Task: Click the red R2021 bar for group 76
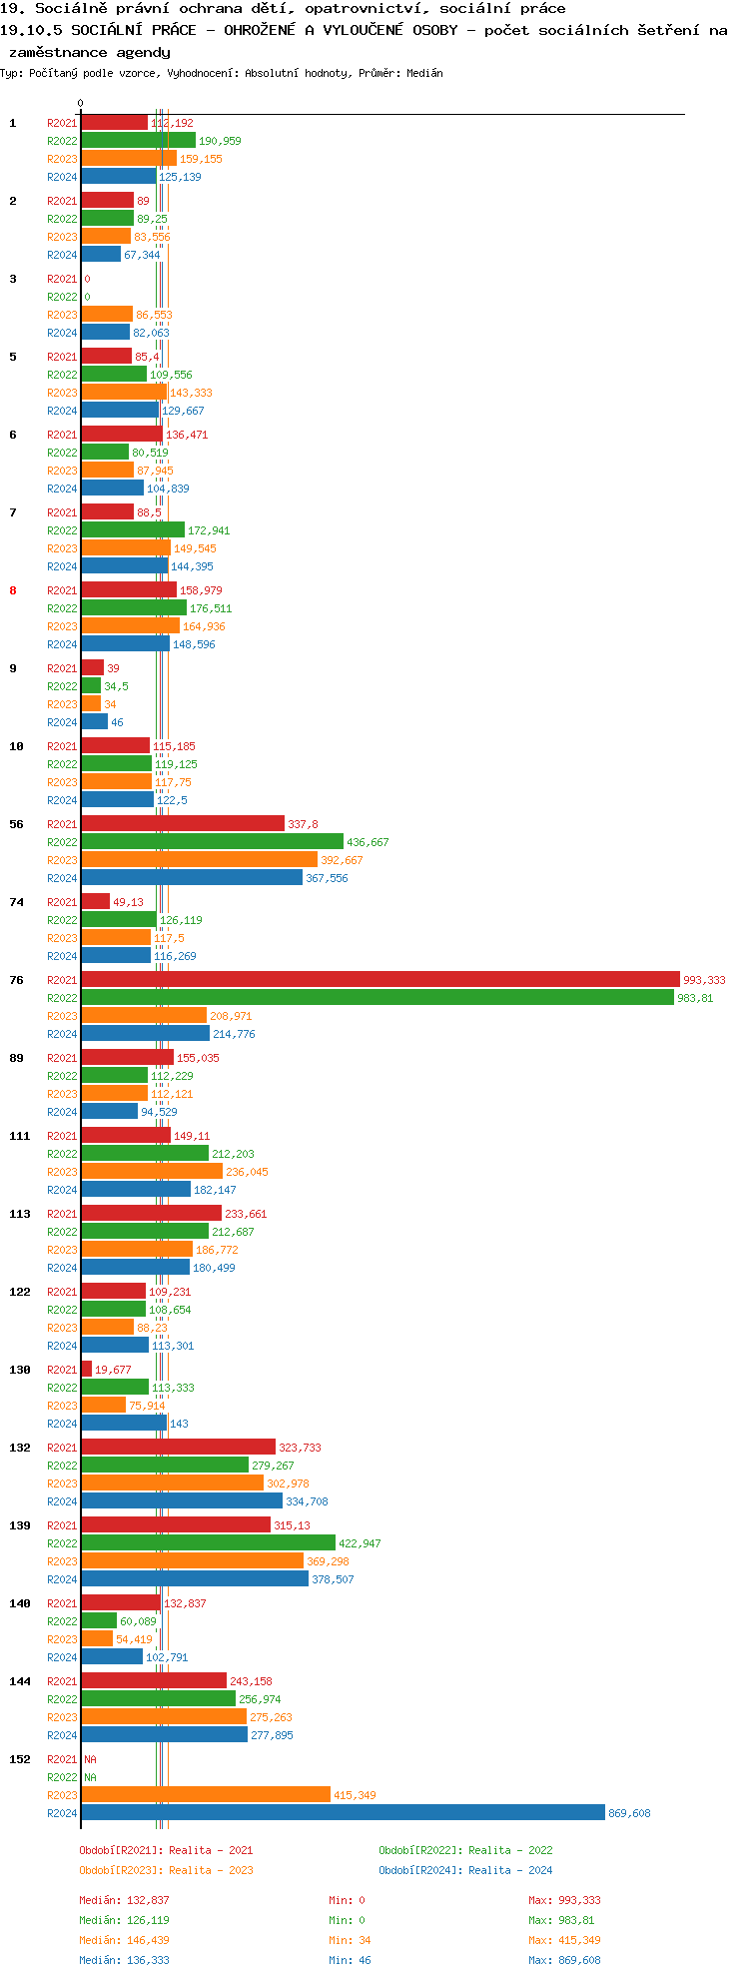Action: [379, 979]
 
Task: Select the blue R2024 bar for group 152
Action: [343, 1812]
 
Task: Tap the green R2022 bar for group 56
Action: [212, 841]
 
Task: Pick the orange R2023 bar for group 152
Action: [205, 1794]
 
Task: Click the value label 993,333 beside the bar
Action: [704, 980]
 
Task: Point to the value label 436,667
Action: [368, 842]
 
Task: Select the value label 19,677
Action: [113, 1370]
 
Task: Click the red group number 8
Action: [13, 590]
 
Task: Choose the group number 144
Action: [20, 1681]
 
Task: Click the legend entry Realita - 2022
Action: [465, 1850]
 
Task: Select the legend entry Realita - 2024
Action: [465, 1870]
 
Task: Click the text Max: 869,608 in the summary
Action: [564, 1960]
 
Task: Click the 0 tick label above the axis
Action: [81, 103]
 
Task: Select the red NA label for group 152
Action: [90, 1759]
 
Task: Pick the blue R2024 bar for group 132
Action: [182, 1500]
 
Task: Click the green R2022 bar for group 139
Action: [208, 1542]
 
